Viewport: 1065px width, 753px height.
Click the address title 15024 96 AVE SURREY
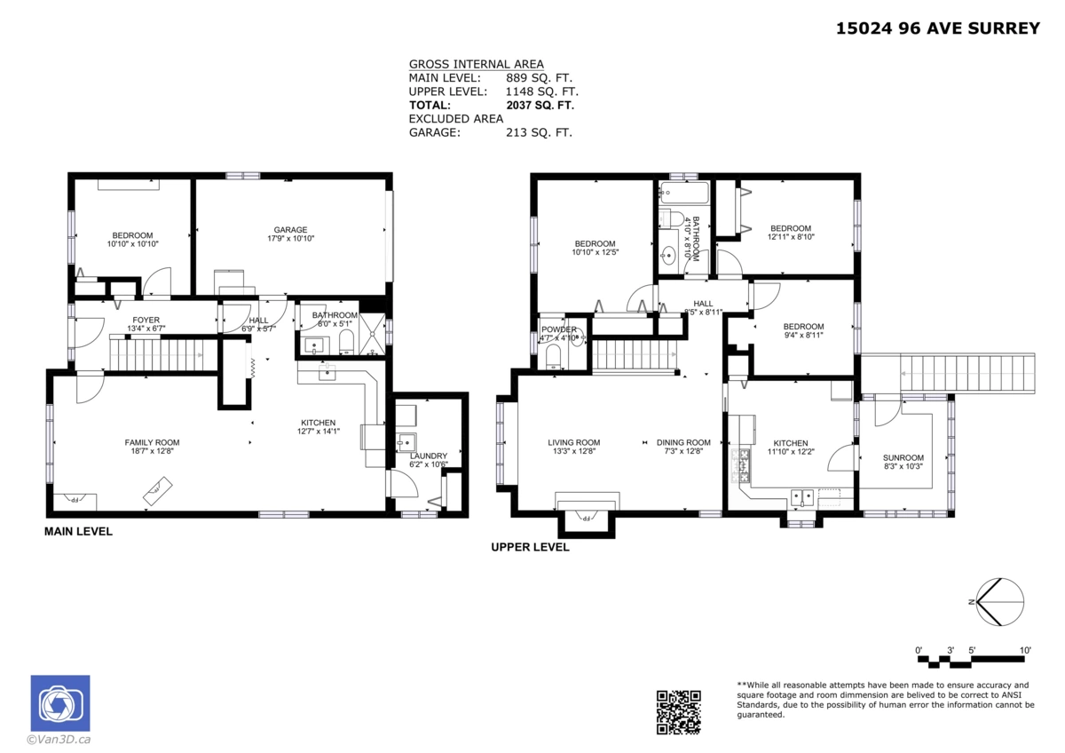[937, 28]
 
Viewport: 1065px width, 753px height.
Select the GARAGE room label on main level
[290, 229]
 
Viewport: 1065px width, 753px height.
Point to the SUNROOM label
[903, 457]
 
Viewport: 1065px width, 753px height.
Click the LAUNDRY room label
[429, 456]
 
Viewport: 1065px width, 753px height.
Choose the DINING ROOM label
[683, 442]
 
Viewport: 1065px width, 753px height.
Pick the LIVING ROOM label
[573, 442]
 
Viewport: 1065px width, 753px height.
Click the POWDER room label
[558, 329]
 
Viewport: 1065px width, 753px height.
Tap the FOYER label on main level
[146, 320]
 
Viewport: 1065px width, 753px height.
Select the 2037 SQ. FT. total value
[540, 105]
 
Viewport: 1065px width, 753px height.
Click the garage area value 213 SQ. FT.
[539, 132]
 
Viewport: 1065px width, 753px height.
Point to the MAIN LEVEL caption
[78, 532]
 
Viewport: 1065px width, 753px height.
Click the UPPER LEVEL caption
[530, 548]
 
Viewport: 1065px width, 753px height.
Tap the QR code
[678, 712]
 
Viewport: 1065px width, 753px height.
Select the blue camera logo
[59, 703]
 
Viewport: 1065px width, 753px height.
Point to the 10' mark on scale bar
[1025, 651]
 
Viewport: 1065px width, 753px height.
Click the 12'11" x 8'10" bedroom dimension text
[790, 237]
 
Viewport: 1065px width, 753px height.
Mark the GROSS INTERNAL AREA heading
[476, 64]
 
